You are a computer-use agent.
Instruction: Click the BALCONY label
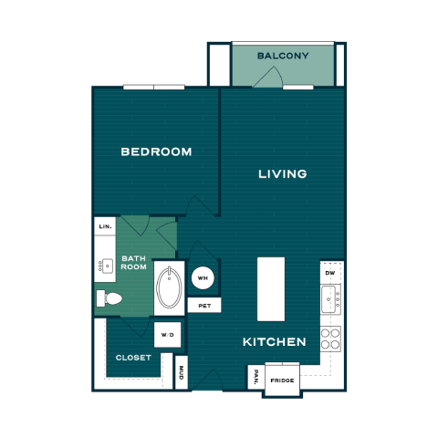283,56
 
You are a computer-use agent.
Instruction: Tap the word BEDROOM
156,151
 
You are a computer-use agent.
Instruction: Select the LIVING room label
283,174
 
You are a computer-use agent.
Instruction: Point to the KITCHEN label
275,342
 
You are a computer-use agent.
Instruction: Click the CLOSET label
133,358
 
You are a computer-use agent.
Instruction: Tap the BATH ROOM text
134,263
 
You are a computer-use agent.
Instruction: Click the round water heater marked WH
203,277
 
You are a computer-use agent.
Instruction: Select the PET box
204,306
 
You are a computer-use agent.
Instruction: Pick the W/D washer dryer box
168,335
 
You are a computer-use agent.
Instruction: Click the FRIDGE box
282,381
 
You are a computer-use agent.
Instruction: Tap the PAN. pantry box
256,377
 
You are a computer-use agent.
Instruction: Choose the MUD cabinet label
182,372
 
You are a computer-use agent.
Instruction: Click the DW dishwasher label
330,273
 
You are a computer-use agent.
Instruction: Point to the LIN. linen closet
105,226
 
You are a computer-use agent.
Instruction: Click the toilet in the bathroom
109,298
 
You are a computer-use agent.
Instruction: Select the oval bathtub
169,287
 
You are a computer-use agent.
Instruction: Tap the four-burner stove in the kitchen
330,339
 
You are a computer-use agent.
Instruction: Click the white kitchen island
271,289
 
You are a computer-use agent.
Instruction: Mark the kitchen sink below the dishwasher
330,299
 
